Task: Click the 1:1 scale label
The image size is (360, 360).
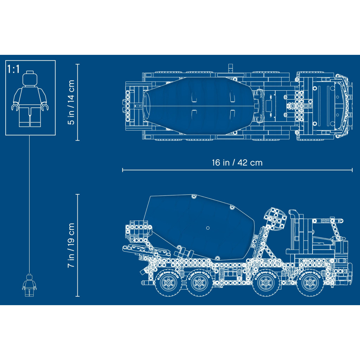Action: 13,69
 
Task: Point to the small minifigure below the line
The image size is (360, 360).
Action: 29,284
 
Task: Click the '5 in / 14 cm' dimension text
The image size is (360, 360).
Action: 71,102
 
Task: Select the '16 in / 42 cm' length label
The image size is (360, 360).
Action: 237,163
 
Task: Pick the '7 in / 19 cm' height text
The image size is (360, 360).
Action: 71,245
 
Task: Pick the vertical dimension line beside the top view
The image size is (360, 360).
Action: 78,102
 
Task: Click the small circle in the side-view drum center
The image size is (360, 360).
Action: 208,227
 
